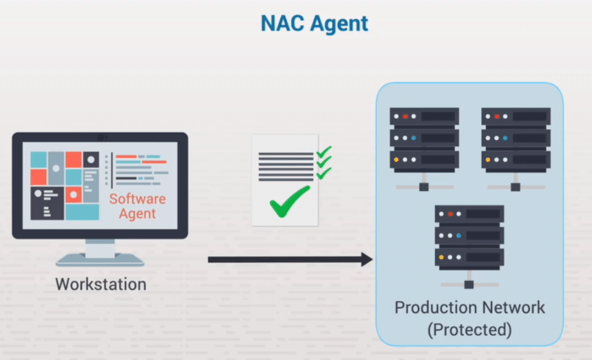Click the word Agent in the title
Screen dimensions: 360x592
pyautogui.click(x=338, y=24)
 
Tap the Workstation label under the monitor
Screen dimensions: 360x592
pyautogui.click(x=101, y=284)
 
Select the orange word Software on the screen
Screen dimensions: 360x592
pyautogui.click(x=137, y=199)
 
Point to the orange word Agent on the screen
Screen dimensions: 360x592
pyautogui.click(x=137, y=214)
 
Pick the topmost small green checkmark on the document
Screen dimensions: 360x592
pyautogui.click(x=324, y=151)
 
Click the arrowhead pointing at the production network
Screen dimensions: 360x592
pyautogui.click(x=367, y=259)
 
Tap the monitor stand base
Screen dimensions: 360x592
pyautogui.click(x=100, y=260)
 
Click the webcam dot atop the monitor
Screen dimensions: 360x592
pyautogui.click(x=100, y=137)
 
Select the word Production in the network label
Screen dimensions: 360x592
pyautogui.click(x=434, y=307)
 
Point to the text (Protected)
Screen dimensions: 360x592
pyautogui.click(x=470, y=329)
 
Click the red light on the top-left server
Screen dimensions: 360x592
pyautogui.click(x=405, y=116)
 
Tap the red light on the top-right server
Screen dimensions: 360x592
pyautogui.click(x=497, y=116)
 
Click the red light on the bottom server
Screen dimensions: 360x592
pyautogui.click(x=450, y=214)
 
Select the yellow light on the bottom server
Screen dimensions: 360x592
pyautogui.click(x=441, y=257)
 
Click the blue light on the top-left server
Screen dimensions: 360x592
pyautogui.click(x=414, y=138)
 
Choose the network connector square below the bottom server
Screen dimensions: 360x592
pyautogui.click(x=469, y=285)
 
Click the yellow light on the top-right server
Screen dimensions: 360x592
pyautogui.click(x=487, y=159)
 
